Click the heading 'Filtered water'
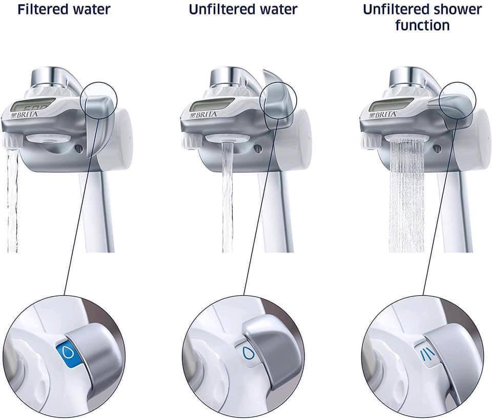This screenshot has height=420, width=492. click(x=64, y=9)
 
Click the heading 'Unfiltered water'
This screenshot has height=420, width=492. click(x=243, y=9)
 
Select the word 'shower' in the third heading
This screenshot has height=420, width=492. click(x=458, y=9)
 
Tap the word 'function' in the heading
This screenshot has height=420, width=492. click(x=422, y=25)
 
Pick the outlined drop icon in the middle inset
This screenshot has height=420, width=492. click(x=248, y=353)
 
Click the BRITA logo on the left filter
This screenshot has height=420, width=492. click(x=25, y=115)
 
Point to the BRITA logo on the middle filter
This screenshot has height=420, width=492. click(x=203, y=115)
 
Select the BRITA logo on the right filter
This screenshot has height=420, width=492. click(x=383, y=115)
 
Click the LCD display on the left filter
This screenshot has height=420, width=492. click(x=31, y=106)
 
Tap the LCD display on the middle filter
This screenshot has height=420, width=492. click(x=211, y=106)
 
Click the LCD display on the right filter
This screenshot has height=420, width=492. click(x=390, y=106)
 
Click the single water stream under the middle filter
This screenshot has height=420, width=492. click(x=228, y=197)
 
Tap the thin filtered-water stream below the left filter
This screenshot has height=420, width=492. click(x=12, y=201)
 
